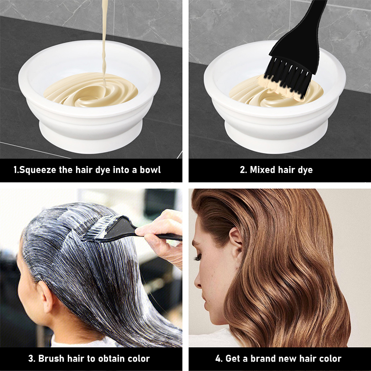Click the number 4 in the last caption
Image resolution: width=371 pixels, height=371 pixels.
point(218,358)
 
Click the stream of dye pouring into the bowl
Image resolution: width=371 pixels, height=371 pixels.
point(104,40)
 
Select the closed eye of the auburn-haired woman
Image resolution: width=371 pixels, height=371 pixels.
point(198,257)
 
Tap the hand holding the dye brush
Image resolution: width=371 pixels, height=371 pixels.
point(163,234)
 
